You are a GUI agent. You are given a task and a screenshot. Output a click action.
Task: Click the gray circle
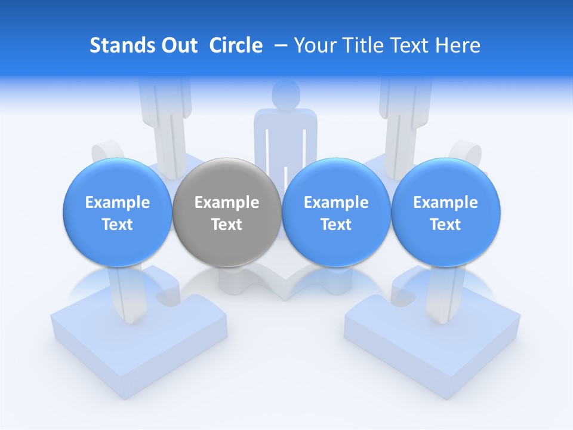coord(227,212)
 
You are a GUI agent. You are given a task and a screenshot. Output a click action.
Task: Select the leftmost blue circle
coord(117,212)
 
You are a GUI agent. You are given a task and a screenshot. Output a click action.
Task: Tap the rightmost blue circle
coord(445,212)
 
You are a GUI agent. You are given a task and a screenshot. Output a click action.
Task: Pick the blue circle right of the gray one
coord(336,212)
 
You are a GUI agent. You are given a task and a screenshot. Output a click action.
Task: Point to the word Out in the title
coord(178,45)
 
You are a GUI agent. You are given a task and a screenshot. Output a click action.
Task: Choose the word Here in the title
coord(457,45)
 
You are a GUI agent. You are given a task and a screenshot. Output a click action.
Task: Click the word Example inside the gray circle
coord(227,202)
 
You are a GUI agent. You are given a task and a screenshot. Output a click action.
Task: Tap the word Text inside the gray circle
coord(227,225)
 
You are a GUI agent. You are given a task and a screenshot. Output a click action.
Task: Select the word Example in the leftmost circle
coord(117,202)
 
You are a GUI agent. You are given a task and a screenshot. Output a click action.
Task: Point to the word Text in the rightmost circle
coord(445,225)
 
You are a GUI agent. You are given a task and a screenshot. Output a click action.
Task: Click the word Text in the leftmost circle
coord(117,225)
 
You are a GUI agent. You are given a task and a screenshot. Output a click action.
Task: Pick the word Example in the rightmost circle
coord(445,202)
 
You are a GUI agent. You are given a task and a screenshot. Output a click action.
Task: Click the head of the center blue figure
coord(285,94)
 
